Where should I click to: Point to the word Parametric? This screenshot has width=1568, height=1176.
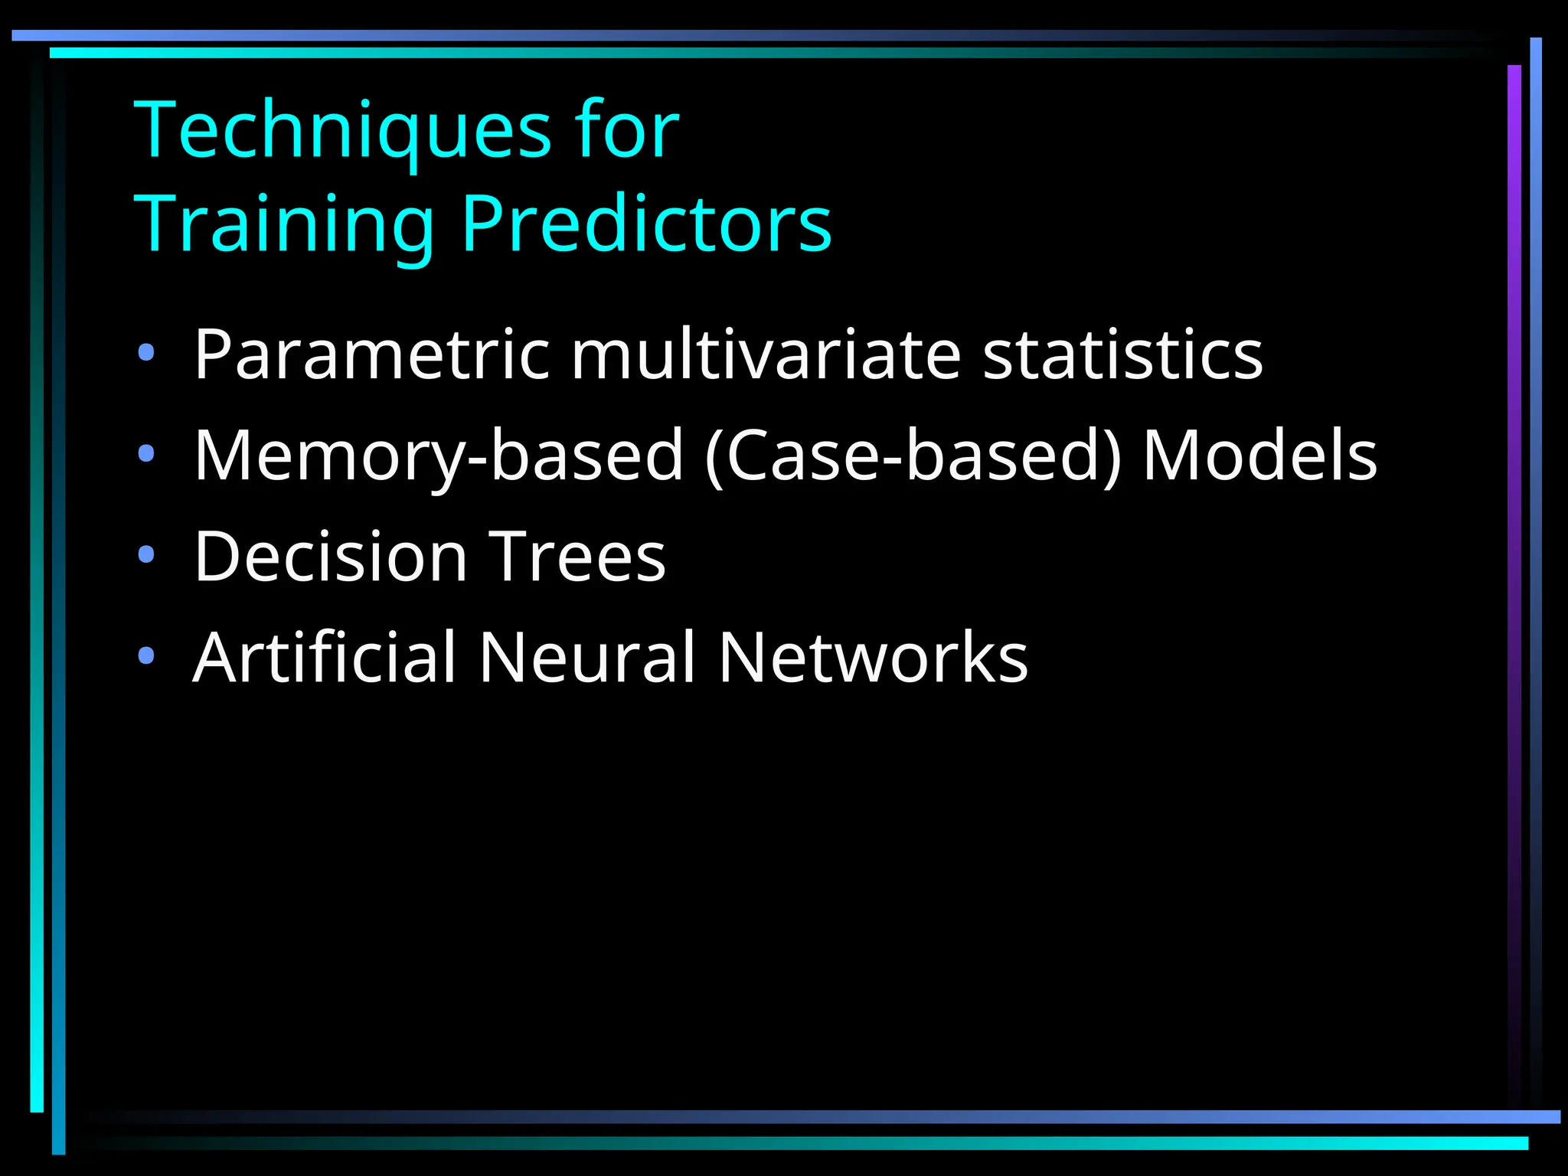tap(371, 354)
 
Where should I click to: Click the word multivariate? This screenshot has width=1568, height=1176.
tap(765, 354)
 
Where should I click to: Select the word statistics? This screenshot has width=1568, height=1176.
tap(1122, 354)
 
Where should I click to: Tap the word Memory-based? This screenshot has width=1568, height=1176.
tap(438, 456)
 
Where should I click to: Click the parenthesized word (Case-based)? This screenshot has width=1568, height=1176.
tap(913, 456)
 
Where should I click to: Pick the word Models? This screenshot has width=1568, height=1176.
tap(1259, 456)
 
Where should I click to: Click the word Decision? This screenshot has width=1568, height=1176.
tap(330, 557)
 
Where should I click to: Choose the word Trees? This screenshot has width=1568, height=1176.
tap(577, 557)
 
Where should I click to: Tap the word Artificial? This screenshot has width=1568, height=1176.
tap(325, 658)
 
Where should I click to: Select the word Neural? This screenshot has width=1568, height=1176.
tap(587, 658)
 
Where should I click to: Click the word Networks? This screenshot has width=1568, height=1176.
tap(873, 658)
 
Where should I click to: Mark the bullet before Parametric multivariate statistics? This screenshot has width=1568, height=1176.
tap(146, 353)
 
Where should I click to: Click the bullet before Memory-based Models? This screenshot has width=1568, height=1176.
tap(146, 454)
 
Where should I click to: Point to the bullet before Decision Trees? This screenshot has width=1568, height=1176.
tap(146, 555)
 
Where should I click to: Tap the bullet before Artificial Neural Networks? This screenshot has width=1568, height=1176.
tap(146, 656)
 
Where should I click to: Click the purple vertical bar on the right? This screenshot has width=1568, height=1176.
tap(1514, 459)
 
